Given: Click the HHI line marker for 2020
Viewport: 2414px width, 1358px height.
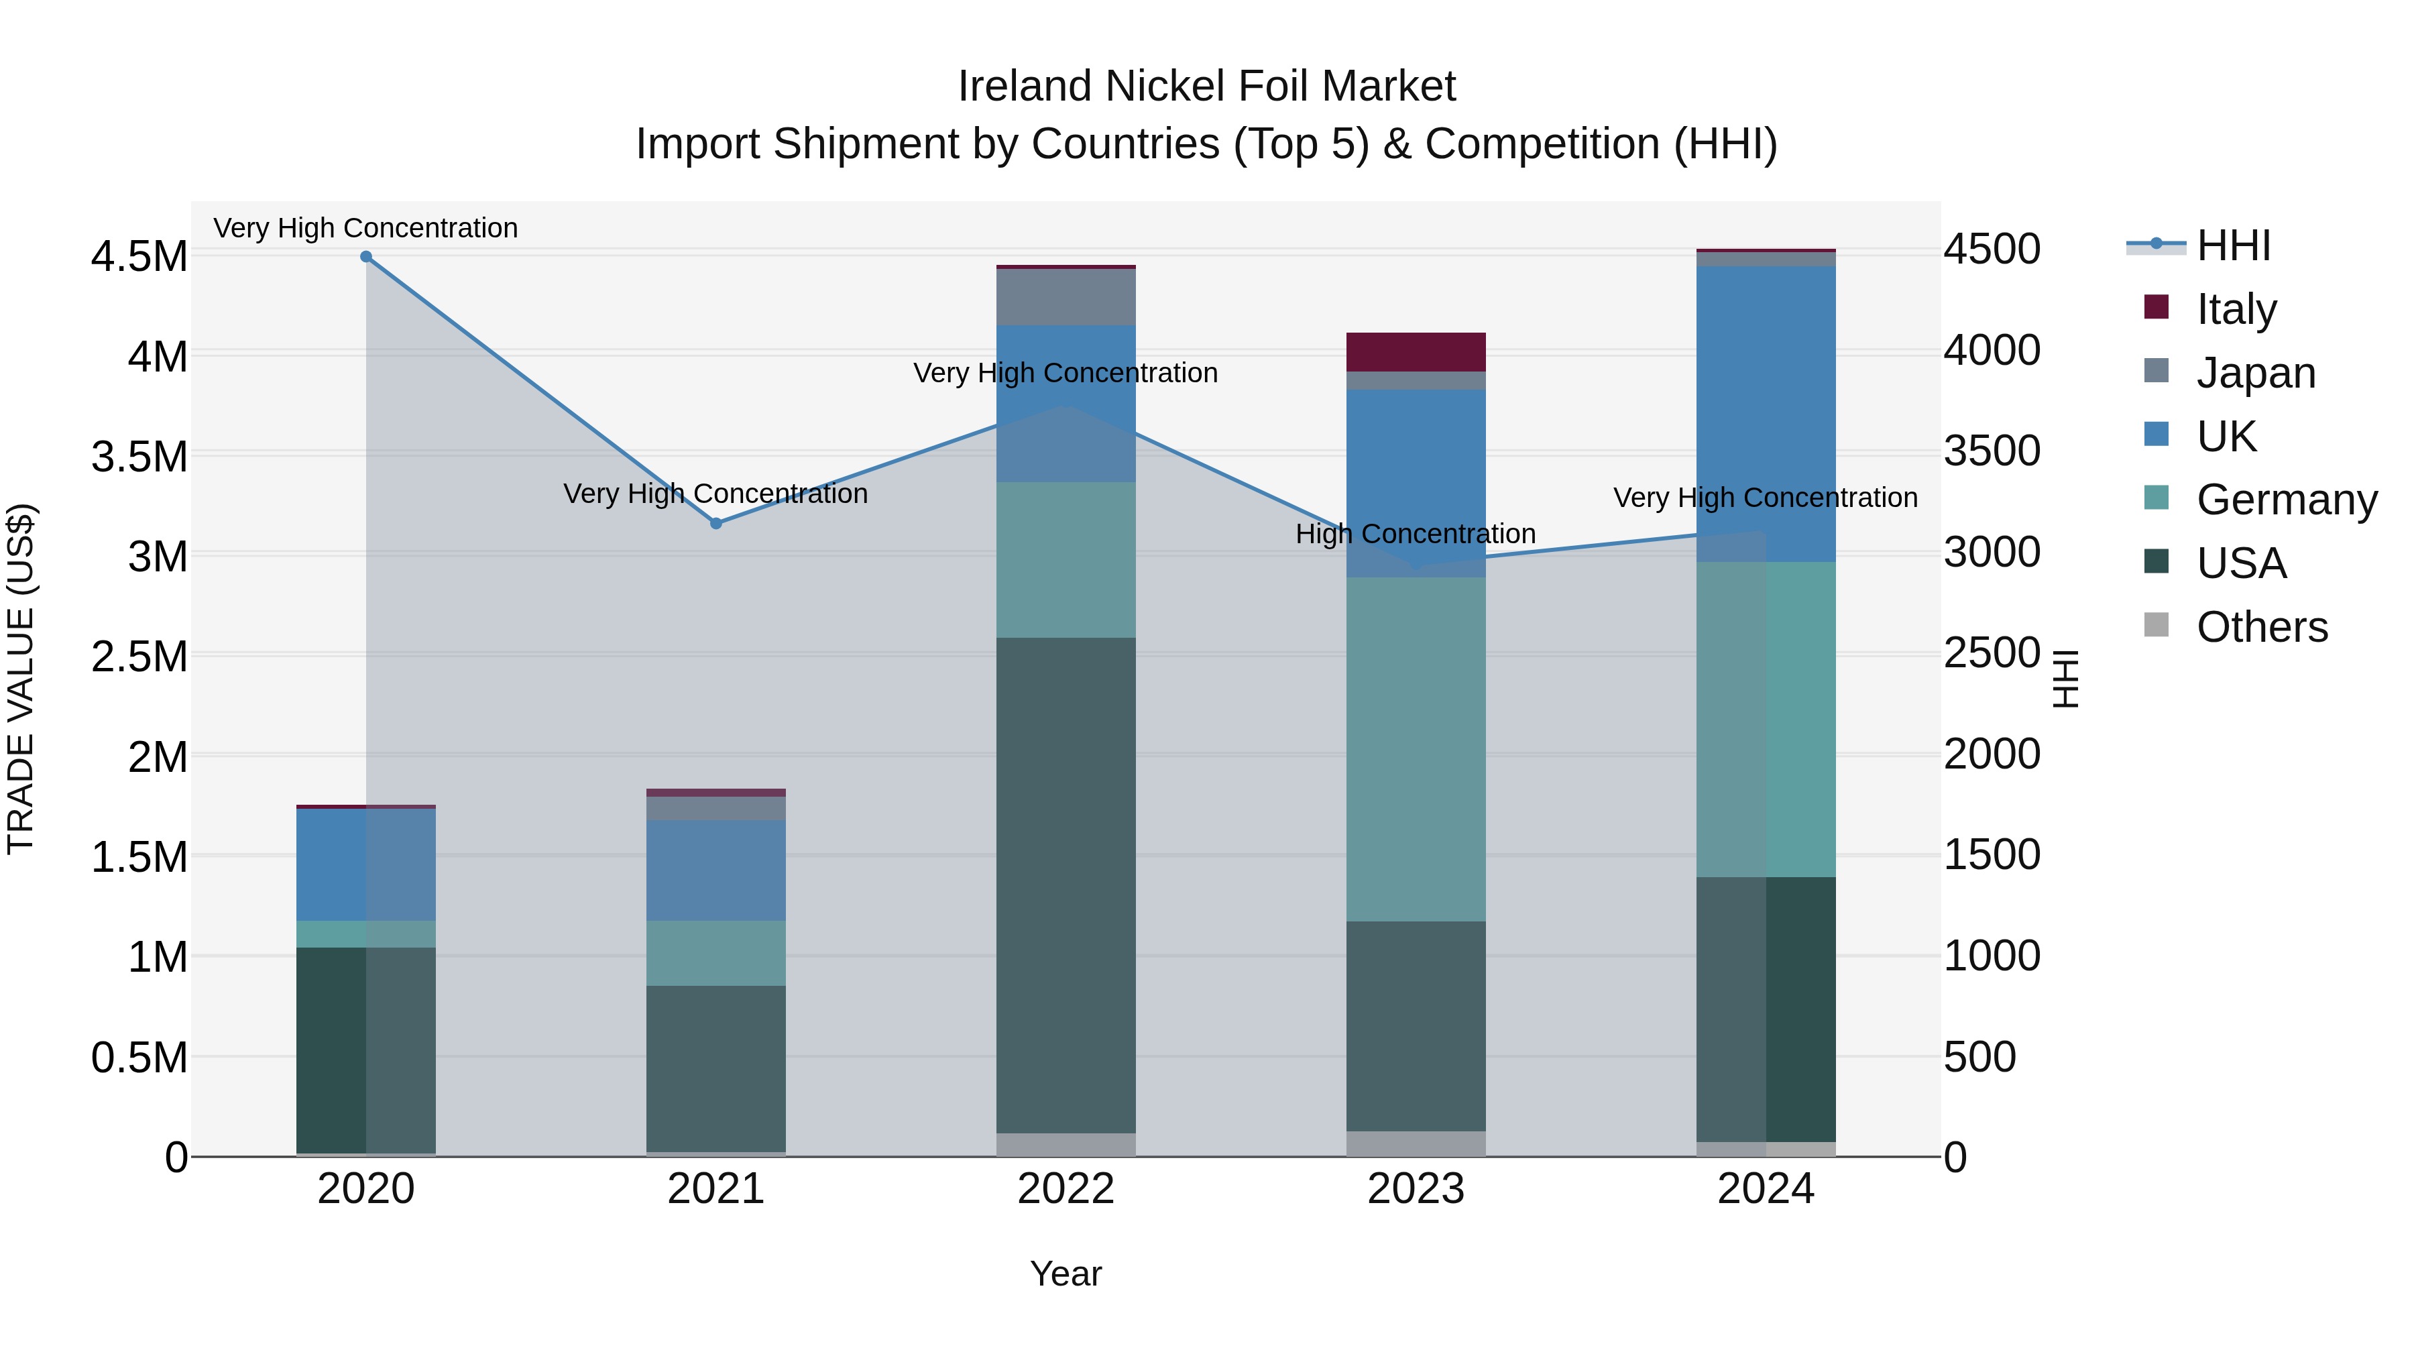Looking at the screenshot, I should tap(366, 257).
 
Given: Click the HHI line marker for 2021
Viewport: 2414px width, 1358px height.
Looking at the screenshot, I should tap(716, 524).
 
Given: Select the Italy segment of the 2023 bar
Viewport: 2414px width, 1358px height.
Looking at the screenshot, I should tap(1416, 352).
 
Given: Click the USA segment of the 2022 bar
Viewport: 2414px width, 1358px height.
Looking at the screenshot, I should tap(1066, 886).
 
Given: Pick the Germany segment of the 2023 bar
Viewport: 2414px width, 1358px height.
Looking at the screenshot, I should tap(1416, 749).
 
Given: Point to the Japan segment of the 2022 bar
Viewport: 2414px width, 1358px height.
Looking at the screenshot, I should tap(1066, 297).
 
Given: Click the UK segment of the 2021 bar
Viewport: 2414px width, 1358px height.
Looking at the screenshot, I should tap(716, 870).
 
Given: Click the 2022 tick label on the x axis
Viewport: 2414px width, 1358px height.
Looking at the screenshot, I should tap(1066, 1189).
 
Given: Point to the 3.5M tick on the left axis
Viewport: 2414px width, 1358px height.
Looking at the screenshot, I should tap(139, 457).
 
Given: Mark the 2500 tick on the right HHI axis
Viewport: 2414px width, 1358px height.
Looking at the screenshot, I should tap(1992, 653).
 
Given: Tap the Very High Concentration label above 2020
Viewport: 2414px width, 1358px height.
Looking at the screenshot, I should tap(365, 229).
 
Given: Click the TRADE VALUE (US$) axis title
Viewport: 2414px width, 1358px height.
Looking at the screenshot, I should tap(21, 679).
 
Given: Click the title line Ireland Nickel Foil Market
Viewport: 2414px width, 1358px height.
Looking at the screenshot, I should tap(1206, 87).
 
